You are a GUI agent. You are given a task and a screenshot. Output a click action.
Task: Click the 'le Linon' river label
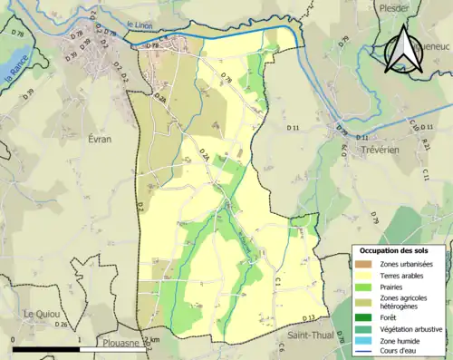click(140, 28)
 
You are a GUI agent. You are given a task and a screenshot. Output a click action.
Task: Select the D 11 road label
click(294, 131)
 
